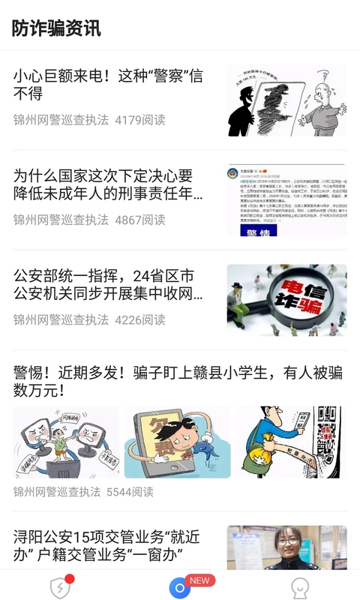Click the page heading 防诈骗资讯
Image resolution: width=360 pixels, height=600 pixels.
tap(56, 28)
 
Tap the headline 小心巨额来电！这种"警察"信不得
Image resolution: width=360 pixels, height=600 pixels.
tap(108, 85)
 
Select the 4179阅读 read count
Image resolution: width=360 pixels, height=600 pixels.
tap(140, 120)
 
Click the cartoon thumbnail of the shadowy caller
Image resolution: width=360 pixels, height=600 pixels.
tap(286, 100)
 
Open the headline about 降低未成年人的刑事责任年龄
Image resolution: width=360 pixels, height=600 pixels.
tap(108, 185)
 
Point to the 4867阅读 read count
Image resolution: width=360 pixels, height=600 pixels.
tap(140, 220)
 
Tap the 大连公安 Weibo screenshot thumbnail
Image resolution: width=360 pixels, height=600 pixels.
tap(286, 200)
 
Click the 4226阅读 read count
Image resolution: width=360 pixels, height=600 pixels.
tap(140, 319)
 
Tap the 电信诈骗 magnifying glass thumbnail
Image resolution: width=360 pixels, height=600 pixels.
tap(286, 299)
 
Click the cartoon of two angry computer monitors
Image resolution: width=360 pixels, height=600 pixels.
tap(66, 442)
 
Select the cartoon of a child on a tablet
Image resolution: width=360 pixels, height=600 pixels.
tap(177, 442)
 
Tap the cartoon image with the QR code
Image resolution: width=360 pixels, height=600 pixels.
tap(289, 442)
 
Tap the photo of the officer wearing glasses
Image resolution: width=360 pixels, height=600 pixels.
tap(286, 547)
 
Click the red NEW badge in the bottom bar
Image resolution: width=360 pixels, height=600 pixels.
tap(199, 580)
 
